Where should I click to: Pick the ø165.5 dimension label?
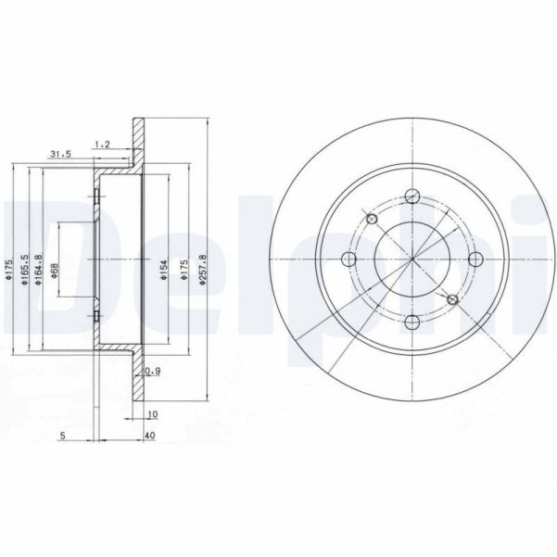(x=23, y=269)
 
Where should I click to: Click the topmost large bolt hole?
(x=411, y=197)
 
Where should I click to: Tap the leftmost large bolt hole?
(x=349, y=260)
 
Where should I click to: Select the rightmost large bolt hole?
(x=475, y=260)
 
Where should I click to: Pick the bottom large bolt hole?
(x=411, y=322)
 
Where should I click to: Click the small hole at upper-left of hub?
(x=372, y=220)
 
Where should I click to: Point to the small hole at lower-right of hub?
(x=452, y=299)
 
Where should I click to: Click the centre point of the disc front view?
(x=411, y=260)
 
